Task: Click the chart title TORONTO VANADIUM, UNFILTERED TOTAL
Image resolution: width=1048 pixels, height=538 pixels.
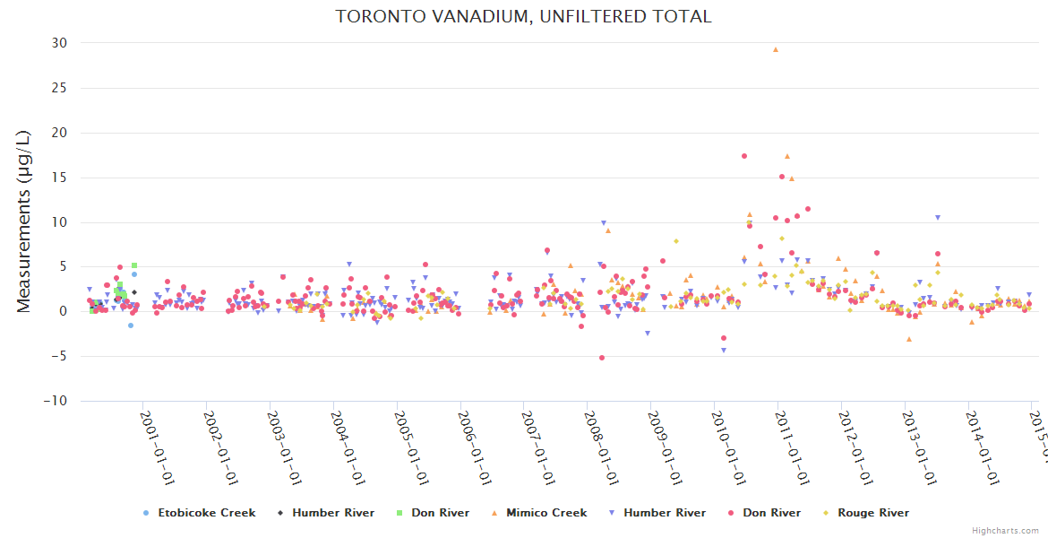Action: coord(523,16)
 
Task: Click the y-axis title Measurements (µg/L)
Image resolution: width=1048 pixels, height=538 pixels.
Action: coord(24,221)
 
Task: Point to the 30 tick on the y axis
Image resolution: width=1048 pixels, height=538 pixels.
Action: coord(59,43)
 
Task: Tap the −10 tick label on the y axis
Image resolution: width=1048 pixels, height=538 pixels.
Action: coord(56,402)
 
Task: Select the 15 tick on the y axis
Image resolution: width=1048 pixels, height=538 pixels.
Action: coord(59,178)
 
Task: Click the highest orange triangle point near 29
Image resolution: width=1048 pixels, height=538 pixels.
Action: coord(776,50)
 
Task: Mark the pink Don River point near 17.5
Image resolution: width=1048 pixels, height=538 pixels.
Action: coord(744,156)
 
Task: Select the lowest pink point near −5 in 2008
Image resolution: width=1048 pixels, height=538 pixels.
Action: coord(602,358)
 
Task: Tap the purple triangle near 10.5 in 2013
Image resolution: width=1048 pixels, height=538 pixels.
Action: coord(938,218)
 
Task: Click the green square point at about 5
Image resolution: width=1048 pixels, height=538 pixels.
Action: coord(134,265)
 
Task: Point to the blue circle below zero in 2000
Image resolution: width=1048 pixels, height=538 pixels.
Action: coord(130,325)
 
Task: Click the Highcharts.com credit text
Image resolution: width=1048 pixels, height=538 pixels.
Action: coord(1005,530)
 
